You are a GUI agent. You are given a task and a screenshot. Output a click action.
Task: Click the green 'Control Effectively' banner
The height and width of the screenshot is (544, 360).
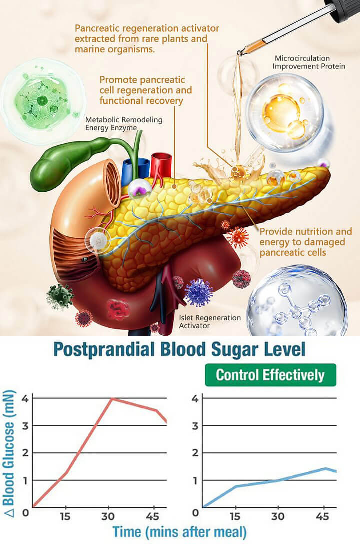[x=270, y=375]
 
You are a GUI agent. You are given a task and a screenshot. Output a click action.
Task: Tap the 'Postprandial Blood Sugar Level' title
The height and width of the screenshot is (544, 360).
[x=179, y=349]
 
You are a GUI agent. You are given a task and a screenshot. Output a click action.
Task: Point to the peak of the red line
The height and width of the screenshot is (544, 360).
[x=111, y=399]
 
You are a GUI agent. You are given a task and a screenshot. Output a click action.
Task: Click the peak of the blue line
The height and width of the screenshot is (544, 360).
[x=325, y=468]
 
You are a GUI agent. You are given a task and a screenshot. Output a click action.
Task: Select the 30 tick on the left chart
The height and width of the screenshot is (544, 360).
[x=108, y=516]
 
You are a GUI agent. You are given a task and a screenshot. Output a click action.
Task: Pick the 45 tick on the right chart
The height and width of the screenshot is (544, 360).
[x=322, y=516]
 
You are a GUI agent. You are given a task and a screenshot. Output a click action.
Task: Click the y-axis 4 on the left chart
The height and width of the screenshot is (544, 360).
[x=25, y=398]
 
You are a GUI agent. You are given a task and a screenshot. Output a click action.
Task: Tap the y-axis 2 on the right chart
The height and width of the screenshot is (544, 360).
[x=195, y=453]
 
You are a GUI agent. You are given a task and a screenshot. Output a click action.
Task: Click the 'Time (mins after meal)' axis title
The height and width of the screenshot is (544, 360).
[x=179, y=532]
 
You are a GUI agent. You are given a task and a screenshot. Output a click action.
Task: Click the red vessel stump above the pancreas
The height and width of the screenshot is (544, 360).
[x=161, y=163]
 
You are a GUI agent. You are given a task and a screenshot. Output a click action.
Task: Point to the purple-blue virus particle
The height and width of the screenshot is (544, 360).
[x=198, y=293]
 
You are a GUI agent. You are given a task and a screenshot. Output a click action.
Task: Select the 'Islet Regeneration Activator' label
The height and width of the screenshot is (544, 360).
[x=210, y=322]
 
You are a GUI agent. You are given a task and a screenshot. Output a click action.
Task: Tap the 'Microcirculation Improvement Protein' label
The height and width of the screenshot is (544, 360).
[x=309, y=62]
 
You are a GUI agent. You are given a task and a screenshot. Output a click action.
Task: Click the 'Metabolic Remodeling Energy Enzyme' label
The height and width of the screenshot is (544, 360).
[x=124, y=124]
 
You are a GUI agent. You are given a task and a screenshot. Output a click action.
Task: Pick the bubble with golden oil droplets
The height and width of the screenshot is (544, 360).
[x=285, y=113]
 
